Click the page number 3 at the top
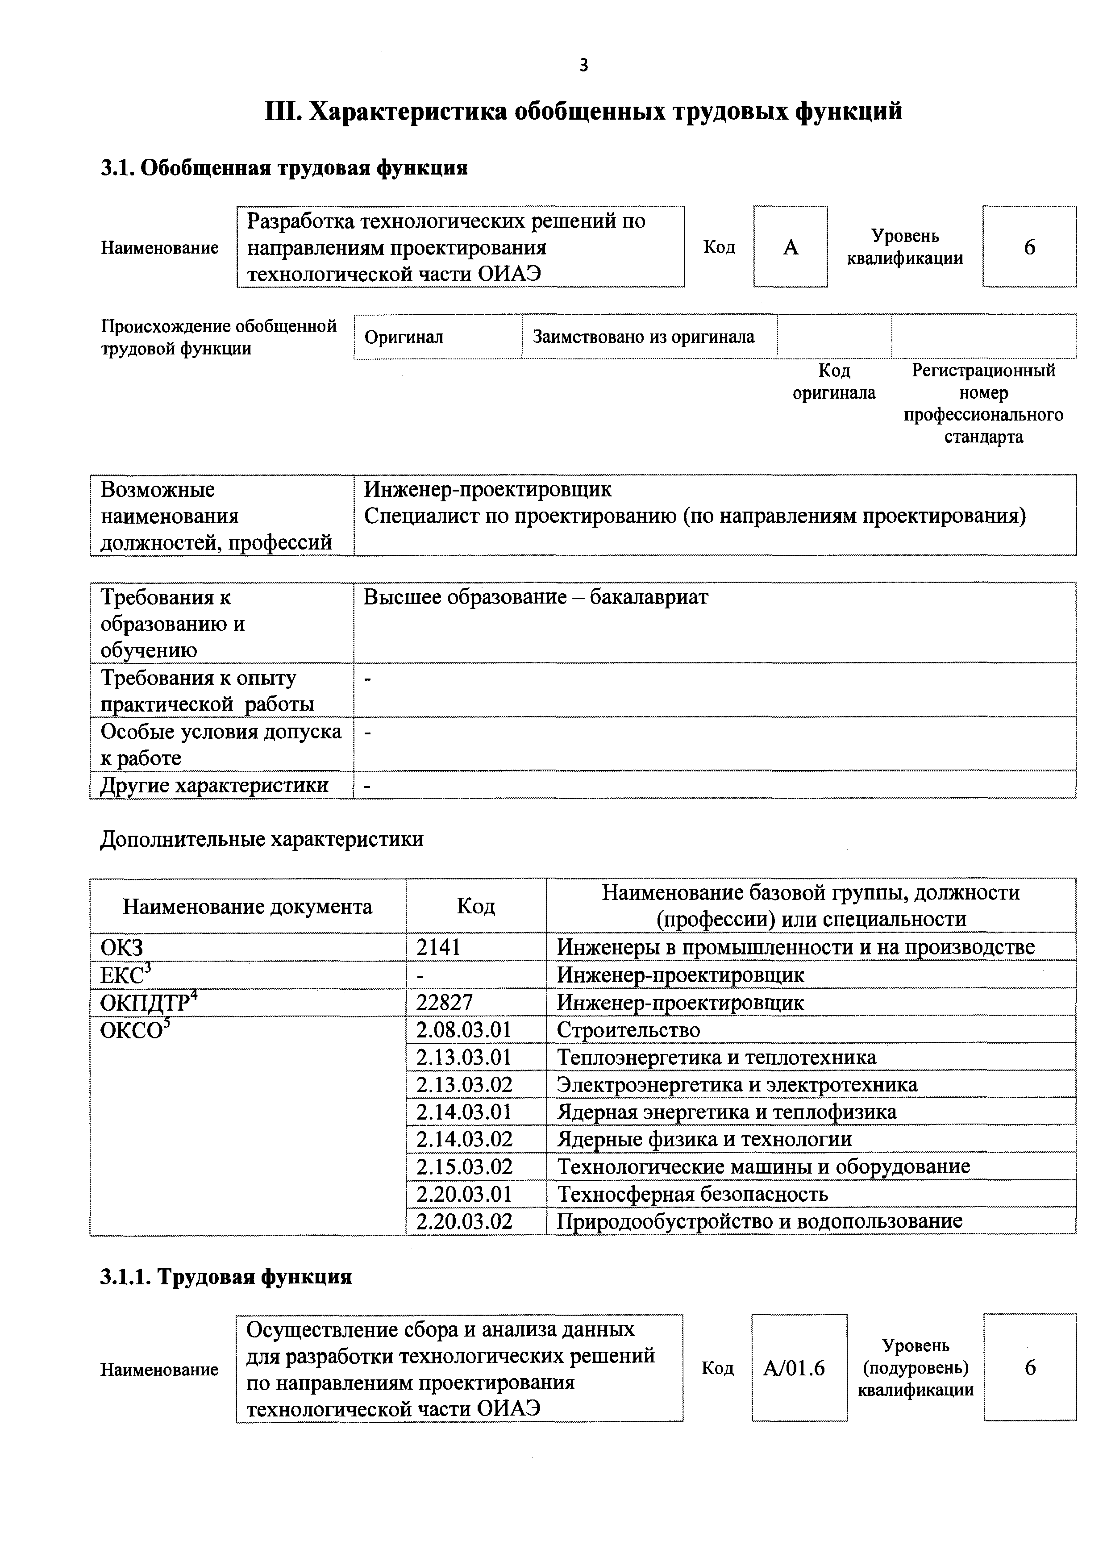pos(583,66)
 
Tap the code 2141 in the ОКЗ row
pos(439,947)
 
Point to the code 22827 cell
pos(445,1002)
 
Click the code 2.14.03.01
pos(464,1112)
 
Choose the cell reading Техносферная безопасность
pos(692,1194)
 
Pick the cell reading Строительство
pos(628,1029)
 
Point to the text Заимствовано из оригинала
pos(643,337)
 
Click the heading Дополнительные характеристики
pos(262,839)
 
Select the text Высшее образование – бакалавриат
pos(536,597)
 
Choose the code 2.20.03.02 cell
pos(464,1221)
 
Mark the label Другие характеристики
pos(214,785)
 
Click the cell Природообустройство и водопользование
pos(759,1221)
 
